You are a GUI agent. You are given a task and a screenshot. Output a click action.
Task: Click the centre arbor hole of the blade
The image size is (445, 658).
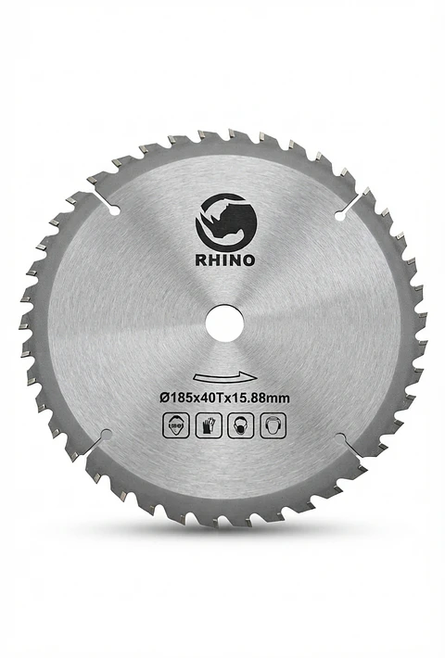(224, 323)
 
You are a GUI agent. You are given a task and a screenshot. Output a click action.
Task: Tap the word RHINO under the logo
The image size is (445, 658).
(225, 260)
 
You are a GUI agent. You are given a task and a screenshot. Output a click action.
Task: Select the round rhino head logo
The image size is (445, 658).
(226, 222)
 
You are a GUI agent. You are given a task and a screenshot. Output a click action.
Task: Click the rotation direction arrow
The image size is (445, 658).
(225, 376)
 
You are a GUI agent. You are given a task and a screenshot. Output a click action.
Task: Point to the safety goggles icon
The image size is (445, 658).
(175, 425)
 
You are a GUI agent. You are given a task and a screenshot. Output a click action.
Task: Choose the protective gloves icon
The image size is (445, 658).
(209, 425)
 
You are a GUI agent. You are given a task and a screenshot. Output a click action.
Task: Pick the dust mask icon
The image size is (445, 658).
(240, 425)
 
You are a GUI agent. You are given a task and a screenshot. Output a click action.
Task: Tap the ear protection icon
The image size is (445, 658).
(273, 425)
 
